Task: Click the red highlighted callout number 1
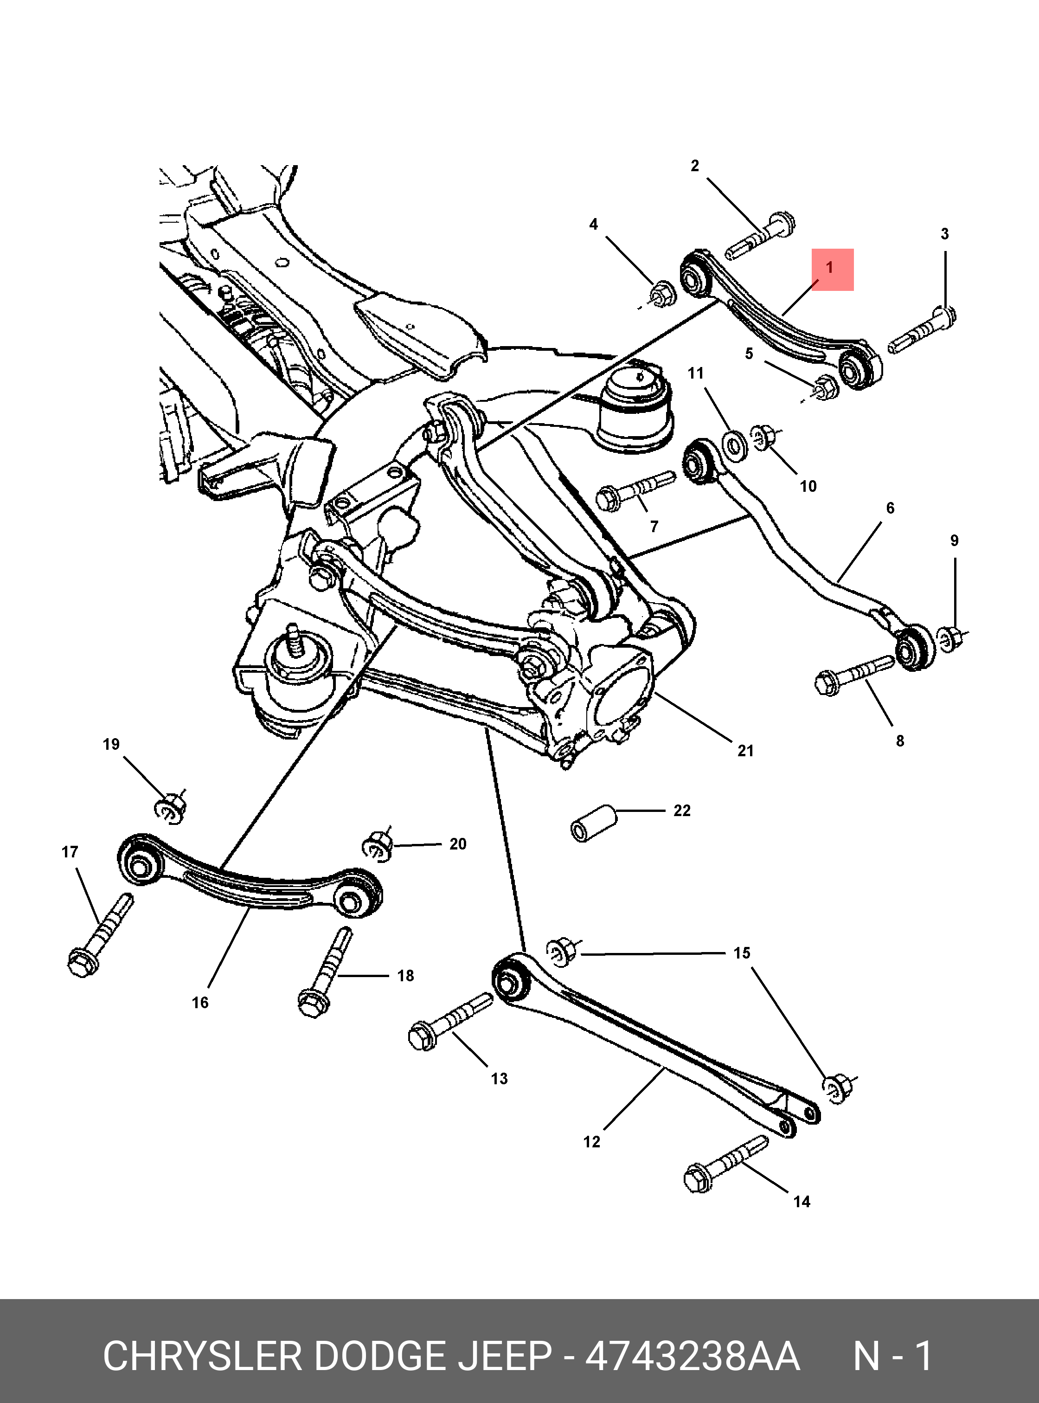point(832,269)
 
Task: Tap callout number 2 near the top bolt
point(694,166)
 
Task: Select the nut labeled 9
point(951,638)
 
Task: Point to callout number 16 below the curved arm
point(200,1002)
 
